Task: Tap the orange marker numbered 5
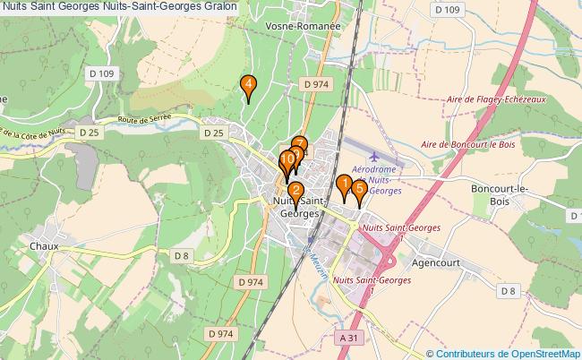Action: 359,190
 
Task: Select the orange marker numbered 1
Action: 343,184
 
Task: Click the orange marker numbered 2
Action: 295,191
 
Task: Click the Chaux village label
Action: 43,245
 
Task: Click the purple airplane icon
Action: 361,159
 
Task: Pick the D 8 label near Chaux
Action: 182,256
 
